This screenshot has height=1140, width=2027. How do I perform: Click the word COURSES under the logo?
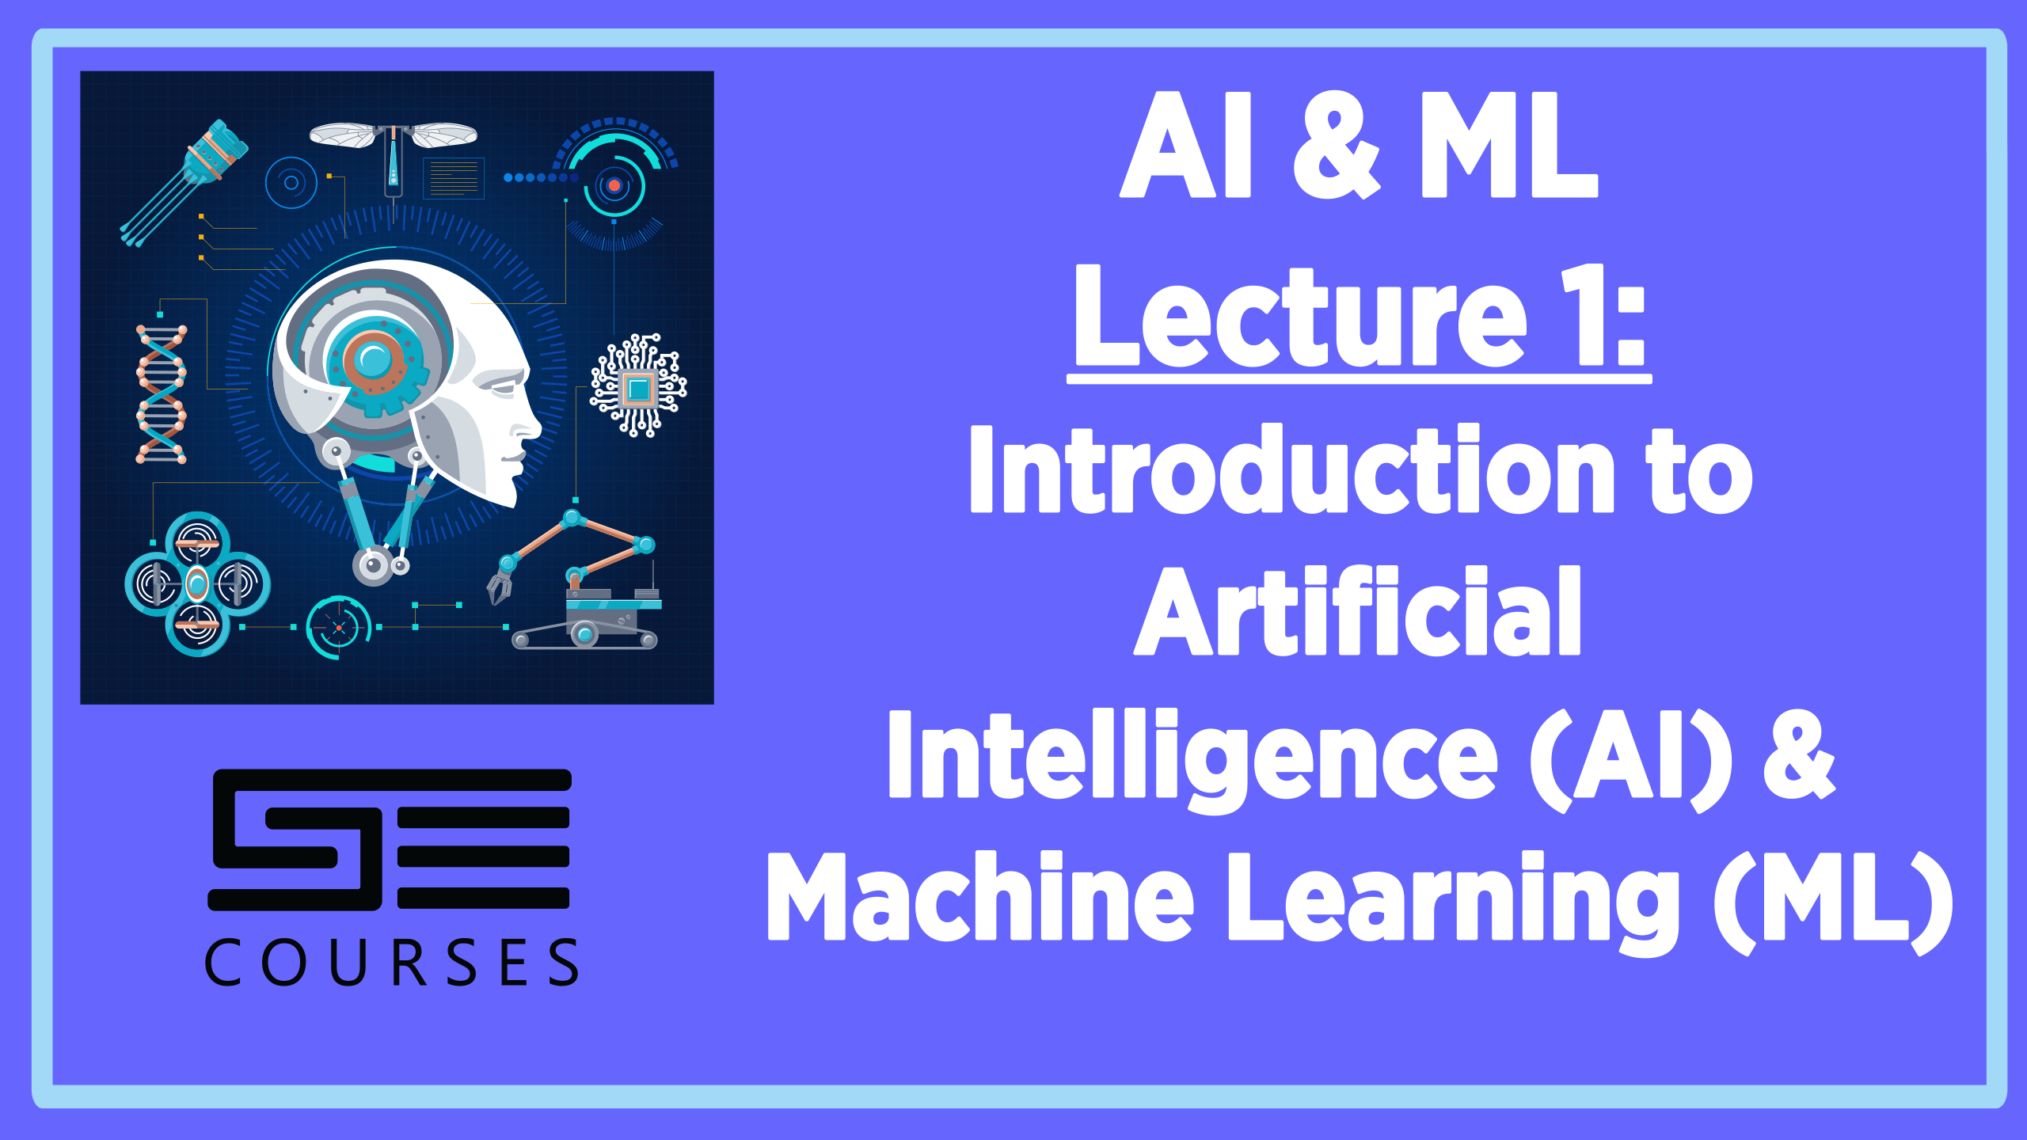(392, 962)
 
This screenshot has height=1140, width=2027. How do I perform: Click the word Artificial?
(1357, 610)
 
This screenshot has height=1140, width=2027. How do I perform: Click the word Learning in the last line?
(1454, 902)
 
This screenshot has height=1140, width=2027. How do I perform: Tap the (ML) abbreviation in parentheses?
(1833, 902)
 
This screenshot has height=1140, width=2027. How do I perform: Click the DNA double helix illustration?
(162, 393)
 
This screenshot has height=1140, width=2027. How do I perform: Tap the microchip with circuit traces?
(638, 386)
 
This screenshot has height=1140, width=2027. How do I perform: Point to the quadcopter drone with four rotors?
(197, 584)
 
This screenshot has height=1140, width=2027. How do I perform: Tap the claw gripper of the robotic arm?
(499, 587)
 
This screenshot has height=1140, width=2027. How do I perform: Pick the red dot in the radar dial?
(614, 185)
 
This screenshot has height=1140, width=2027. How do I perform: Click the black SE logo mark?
(389, 839)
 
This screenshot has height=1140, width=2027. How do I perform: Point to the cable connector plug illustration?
(184, 183)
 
